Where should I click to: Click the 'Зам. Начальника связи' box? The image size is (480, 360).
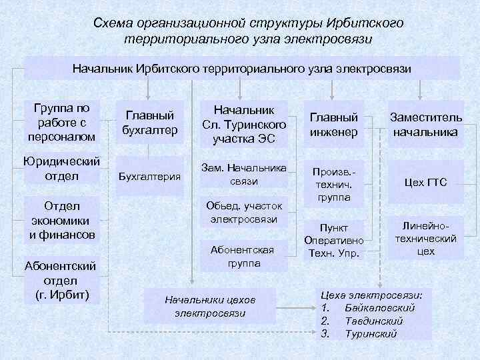pos(244,174)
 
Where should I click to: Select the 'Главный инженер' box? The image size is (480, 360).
pos(333,124)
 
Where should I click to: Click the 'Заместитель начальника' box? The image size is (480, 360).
pos(425,124)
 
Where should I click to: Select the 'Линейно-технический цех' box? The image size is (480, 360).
pos(425,239)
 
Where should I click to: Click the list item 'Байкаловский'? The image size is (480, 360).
pos(381,308)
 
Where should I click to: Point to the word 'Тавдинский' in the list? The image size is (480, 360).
pos(374,321)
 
